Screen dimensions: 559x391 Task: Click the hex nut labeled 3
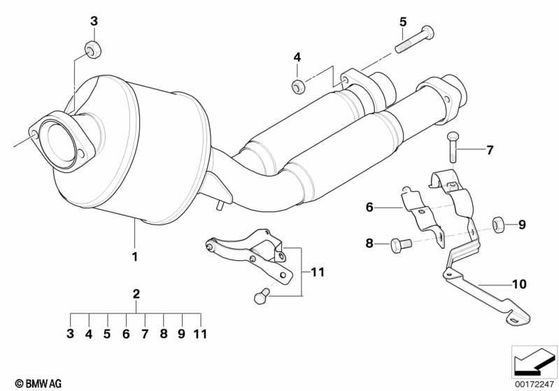point(94,49)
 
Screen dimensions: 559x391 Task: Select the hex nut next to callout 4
point(298,87)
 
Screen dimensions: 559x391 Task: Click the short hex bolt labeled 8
point(401,245)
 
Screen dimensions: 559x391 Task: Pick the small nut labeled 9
point(497,225)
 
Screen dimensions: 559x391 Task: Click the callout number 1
point(135,257)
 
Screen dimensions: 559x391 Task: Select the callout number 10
point(519,284)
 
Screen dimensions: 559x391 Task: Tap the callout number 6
point(369,207)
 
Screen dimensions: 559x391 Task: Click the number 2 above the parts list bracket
point(136,294)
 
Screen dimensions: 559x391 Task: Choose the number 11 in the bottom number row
point(200,334)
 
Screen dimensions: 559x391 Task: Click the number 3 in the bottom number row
point(70,334)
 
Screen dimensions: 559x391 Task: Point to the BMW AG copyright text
point(38,383)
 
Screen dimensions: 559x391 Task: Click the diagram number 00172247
point(534,384)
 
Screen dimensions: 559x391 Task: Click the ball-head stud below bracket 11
point(262,295)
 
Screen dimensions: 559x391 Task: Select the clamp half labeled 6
point(423,217)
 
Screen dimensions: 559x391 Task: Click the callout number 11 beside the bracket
point(318,272)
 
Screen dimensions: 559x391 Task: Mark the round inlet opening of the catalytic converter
point(58,143)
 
